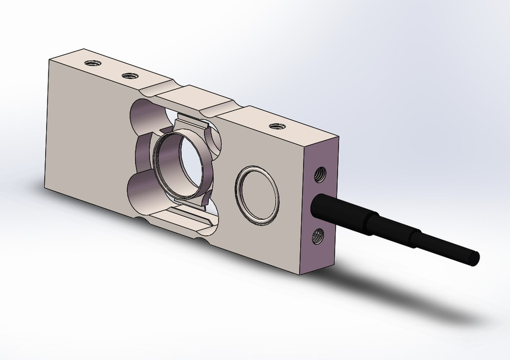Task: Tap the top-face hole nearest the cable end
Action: point(276,126)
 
